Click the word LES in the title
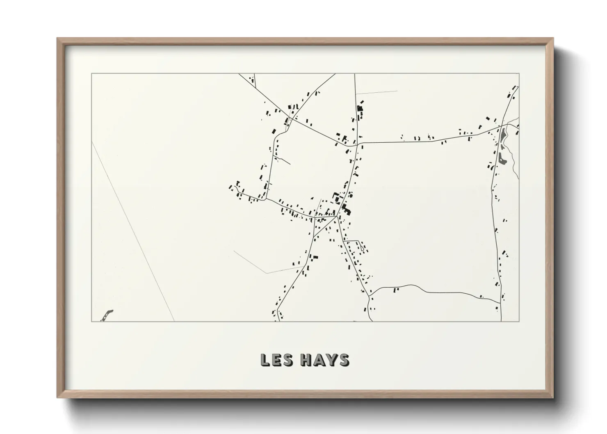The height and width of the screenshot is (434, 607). pyautogui.click(x=276, y=360)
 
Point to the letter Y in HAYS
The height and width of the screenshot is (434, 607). pyautogui.click(x=331, y=360)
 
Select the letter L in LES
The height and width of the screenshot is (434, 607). pyautogui.click(x=265, y=360)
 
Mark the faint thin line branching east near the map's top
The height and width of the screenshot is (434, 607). pyautogui.click(x=377, y=93)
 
